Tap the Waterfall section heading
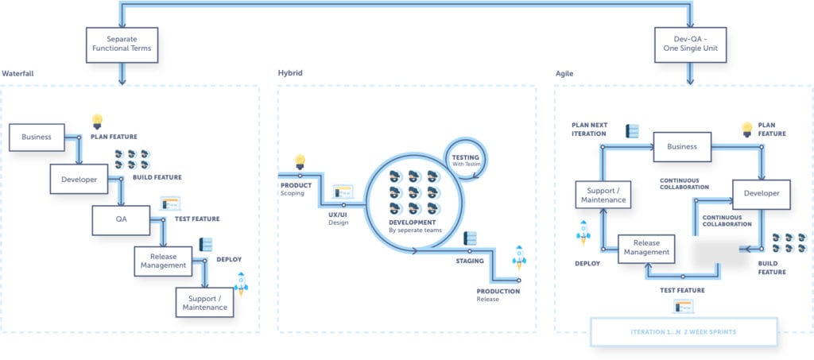coord(17,74)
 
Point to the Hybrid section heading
coord(290,74)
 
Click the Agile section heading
coord(566,74)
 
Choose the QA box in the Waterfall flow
coord(121,219)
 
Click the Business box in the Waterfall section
coord(37,137)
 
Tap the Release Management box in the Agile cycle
coord(646,249)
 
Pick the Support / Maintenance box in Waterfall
coord(204,303)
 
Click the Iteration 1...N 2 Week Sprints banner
coord(683,331)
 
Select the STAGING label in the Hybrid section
coord(469,261)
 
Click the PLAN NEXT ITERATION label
coord(589,130)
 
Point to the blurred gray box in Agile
coord(714,250)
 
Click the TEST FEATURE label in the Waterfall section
coord(196,219)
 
